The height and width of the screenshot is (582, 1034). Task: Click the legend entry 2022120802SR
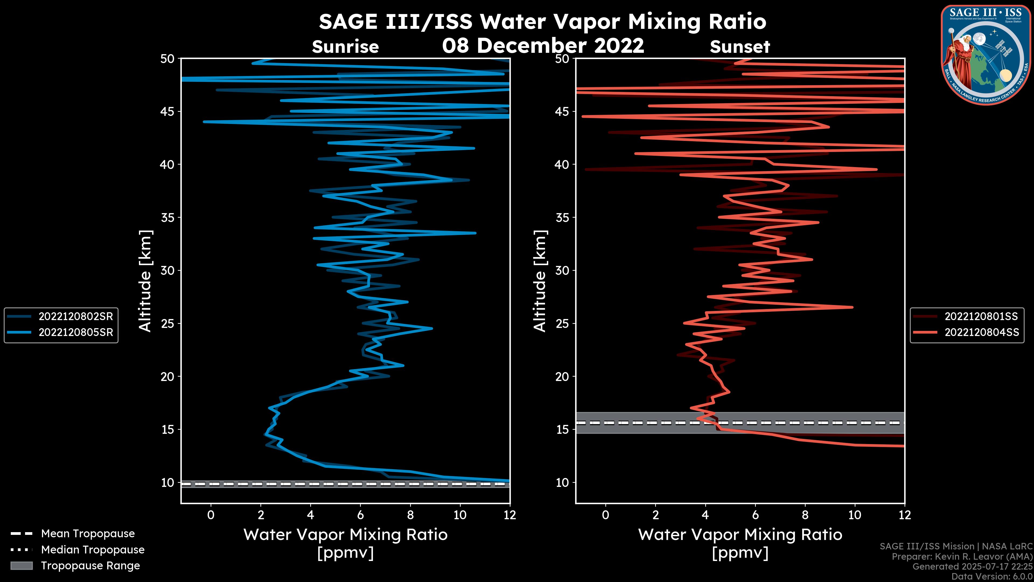[75, 317]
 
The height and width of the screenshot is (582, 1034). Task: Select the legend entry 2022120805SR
[75, 332]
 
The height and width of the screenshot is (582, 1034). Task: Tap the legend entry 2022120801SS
[981, 317]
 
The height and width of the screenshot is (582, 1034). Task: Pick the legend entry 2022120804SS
[981, 332]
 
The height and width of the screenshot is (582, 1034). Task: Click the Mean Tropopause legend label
[88, 533]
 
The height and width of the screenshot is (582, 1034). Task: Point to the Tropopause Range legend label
[90, 566]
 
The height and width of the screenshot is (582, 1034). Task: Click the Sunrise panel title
[345, 47]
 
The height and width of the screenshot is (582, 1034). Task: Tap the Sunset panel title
[740, 47]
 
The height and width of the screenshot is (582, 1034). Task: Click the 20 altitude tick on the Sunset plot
[562, 377]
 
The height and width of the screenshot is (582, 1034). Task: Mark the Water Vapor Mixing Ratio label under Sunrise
[345, 535]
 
